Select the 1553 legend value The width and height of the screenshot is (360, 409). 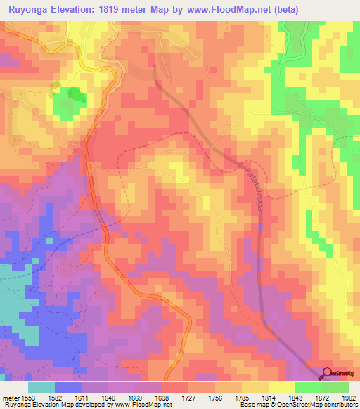(x=27, y=398)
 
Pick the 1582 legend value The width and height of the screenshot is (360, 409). (x=55, y=398)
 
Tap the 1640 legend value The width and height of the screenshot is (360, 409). (x=109, y=398)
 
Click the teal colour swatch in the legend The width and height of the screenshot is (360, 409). (x=41, y=387)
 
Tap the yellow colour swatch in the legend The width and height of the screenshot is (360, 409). (x=281, y=387)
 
